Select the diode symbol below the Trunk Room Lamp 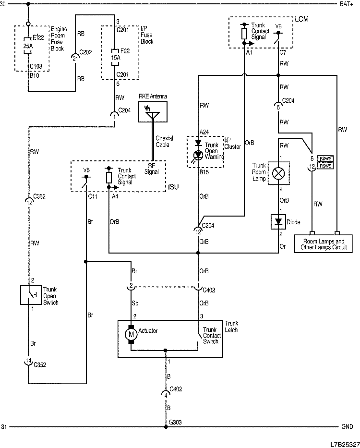pos(279,221)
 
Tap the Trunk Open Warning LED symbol pos(198,153)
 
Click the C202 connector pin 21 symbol pos(75,57)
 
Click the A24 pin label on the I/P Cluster pos(204,131)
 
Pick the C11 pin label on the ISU pos(92,196)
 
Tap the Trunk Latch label pos(231,327)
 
